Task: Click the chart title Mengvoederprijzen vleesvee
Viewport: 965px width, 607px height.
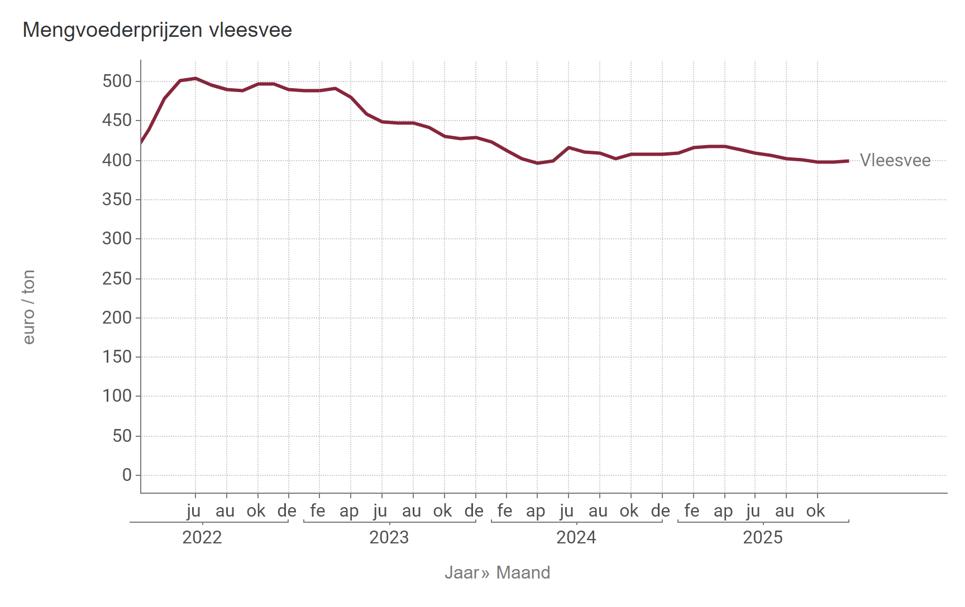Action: click(157, 30)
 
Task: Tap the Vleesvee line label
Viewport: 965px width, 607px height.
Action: click(895, 160)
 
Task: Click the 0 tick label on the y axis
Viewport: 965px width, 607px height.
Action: click(127, 475)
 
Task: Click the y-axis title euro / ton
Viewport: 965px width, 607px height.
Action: click(29, 307)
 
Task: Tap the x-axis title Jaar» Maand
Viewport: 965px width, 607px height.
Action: click(497, 572)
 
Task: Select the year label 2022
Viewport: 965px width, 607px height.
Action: click(202, 537)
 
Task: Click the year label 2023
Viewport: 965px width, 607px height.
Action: click(389, 537)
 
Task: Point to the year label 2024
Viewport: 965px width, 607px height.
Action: click(576, 537)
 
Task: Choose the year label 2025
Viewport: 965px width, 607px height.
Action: click(763, 537)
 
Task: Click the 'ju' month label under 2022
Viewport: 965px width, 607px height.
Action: click(194, 510)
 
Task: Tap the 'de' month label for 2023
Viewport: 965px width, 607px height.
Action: click(474, 510)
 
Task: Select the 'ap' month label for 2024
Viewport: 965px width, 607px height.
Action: click(536, 510)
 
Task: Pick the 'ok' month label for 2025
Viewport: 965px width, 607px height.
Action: click(816, 510)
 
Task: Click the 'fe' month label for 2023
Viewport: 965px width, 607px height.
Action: click(318, 510)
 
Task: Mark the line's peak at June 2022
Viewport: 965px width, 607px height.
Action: click(195, 78)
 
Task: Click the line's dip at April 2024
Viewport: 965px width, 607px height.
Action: click(537, 163)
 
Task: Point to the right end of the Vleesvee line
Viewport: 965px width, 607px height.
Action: click(848, 161)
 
